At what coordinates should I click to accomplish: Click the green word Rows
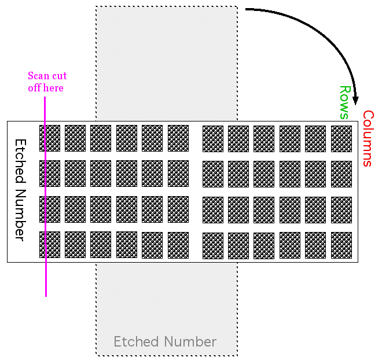(345, 102)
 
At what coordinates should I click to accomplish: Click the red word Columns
(368, 138)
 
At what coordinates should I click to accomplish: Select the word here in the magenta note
(53, 88)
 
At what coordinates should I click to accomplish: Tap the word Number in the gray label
(190, 341)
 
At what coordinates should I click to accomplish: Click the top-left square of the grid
(50, 138)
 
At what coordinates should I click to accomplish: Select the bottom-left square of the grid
(50, 245)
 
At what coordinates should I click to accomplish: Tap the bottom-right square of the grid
(341, 245)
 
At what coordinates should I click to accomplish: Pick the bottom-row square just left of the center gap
(178, 245)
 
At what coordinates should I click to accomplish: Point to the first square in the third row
(50, 209)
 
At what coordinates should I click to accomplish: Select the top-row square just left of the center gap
(178, 138)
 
